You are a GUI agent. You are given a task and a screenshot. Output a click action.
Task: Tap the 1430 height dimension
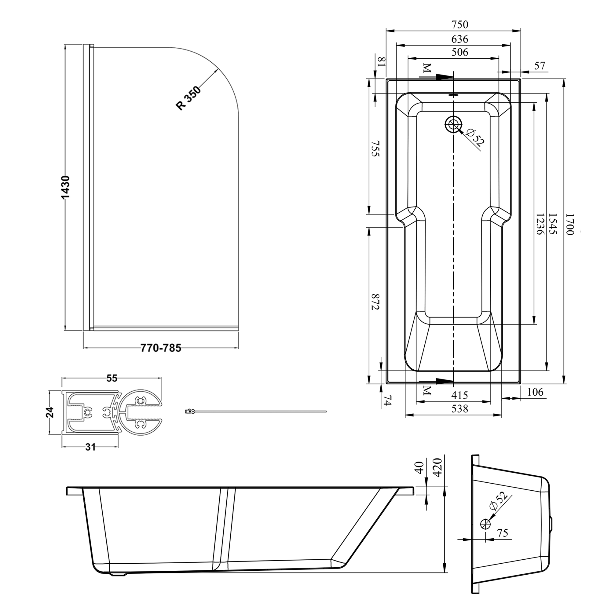[65, 188]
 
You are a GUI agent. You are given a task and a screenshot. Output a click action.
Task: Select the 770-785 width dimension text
[161, 348]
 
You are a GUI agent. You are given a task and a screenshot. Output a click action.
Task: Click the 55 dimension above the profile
[112, 378]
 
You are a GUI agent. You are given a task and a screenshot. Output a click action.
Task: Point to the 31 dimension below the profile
[90, 447]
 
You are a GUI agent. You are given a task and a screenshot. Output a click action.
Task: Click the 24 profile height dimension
[50, 412]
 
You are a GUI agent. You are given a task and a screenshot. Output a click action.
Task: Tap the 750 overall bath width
[459, 24]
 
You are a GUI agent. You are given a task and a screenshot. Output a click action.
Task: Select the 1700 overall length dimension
[569, 224]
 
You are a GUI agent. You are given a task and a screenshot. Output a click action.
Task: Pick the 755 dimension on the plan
[375, 149]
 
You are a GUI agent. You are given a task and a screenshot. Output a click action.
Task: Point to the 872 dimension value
[375, 302]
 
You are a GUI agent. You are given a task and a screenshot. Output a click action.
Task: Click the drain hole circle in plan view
[453, 124]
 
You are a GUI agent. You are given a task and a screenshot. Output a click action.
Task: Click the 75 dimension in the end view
[503, 533]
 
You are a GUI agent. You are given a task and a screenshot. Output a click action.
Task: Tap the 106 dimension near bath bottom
[535, 392]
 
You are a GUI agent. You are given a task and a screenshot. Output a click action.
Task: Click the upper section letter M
[427, 68]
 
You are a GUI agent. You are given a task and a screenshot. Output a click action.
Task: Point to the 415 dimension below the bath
[459, 395]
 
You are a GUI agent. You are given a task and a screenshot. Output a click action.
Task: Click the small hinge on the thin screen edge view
[190, 411]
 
